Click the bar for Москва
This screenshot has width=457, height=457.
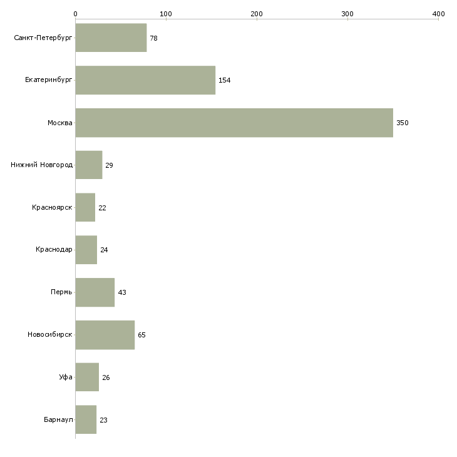pos(234,123)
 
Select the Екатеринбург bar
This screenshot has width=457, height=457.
pos(145,80)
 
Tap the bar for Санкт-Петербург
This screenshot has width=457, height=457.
pos(111,38)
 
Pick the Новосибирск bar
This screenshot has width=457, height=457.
pos(105,335)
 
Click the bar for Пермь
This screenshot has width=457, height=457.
pos(95,292)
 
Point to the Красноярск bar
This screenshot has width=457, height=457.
pos(85,207)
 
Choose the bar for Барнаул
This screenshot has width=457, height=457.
pos(86,419)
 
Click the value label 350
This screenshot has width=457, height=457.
pos(402,123)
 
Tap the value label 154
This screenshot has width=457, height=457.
pos(224,80)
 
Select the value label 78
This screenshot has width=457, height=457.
pos(153,38)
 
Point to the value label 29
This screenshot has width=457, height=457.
pos(109,165)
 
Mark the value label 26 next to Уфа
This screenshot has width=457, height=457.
pos(106,377)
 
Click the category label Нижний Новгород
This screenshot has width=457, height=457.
pos(42,165)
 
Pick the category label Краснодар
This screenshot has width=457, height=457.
pos(54,250)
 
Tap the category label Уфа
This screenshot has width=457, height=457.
pos(66,377)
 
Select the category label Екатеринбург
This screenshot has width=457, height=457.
pos(48,80)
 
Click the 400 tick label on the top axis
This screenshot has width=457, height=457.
pos(438,14)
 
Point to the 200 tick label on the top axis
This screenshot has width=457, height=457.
pos(257,14)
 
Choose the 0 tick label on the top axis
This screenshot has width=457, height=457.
pos(76,14)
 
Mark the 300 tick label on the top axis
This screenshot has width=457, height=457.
pos(347,14)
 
